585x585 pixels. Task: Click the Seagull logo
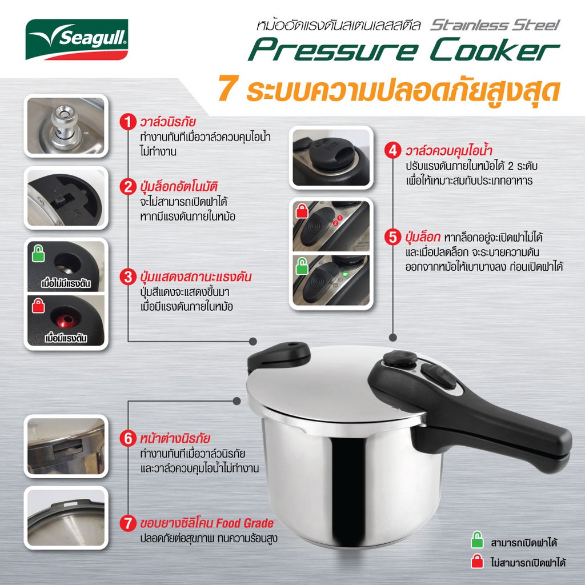77,39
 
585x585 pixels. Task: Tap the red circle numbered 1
128,122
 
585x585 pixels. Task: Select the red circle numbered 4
393,151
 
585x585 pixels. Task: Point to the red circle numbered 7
128,523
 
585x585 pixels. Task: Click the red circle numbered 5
393,237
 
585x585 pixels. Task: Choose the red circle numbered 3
128,277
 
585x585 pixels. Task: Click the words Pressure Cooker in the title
404,49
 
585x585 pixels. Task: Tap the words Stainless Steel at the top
495,25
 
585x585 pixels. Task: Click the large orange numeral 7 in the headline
227,88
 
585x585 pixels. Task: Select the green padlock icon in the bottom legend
477,540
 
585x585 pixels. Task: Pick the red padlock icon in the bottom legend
477,561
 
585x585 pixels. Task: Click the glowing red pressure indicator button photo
66,320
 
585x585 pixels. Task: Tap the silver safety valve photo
66,126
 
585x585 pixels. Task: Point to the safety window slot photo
66,446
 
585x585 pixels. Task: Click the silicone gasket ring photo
66,518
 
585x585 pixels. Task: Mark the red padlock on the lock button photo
302,210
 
